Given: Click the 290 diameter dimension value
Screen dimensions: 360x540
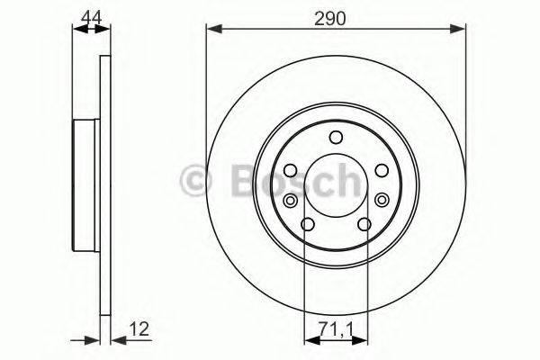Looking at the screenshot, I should pos(336,15).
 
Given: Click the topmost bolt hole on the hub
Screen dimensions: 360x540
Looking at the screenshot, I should pos(337,138).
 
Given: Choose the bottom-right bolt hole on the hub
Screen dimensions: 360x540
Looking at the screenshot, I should pos(364,225).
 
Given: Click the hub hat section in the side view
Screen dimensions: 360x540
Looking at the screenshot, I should pos(83,187).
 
